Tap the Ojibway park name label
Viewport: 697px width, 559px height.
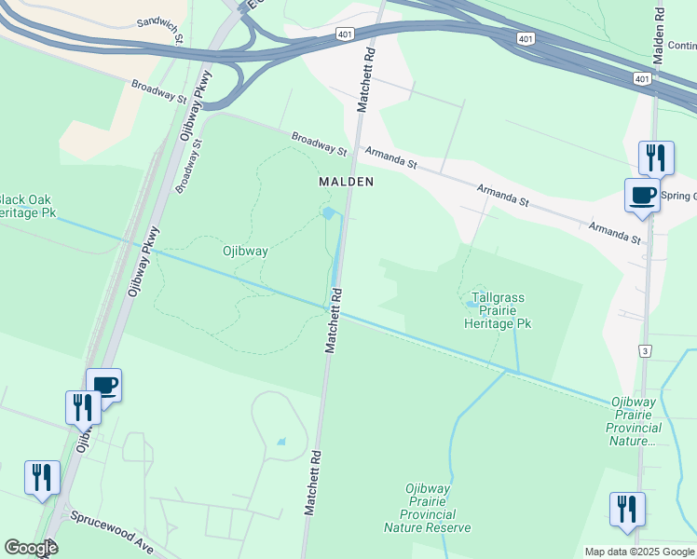246,251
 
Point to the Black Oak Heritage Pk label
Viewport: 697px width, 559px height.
28,206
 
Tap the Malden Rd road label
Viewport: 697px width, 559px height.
660,32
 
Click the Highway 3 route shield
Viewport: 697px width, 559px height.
644,349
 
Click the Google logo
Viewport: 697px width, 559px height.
31,548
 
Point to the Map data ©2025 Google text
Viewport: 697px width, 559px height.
639,552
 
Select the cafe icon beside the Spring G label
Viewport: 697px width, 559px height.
641,195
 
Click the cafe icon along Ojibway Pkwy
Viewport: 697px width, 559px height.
103,384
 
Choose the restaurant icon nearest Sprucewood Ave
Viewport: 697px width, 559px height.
42,477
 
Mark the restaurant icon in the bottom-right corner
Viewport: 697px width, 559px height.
627,509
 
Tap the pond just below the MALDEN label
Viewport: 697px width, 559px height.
328,213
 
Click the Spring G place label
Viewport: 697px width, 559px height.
677,196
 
